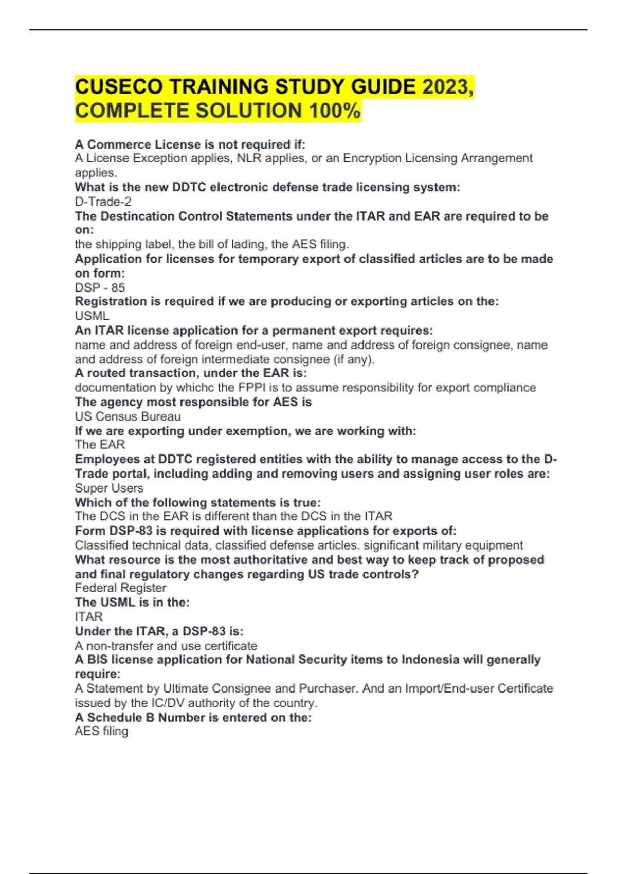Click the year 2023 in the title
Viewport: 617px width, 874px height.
pyautogui.click(x=445, y=86)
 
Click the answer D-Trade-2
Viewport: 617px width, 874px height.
pyautogui.click(x=103, y=202)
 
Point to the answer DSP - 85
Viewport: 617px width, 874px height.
pyautogui.click(x=100, y=287)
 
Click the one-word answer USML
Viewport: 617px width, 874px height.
pyautogui.click(x=92, y=316)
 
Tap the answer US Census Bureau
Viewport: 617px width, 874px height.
pyautogui.click(x=128, y=416)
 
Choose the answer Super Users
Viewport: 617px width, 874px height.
pyautogui.click(x=109, y=488)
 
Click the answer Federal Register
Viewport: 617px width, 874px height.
pyautogui.click(x=120, y=588)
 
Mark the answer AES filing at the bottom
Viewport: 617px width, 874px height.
pyautogui.click(x=101, y=731)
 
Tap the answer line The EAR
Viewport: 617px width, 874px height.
pyautogui.click(x=100, y=444)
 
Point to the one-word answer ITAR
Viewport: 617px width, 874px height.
pyautogui.click(x=88, y=616)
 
